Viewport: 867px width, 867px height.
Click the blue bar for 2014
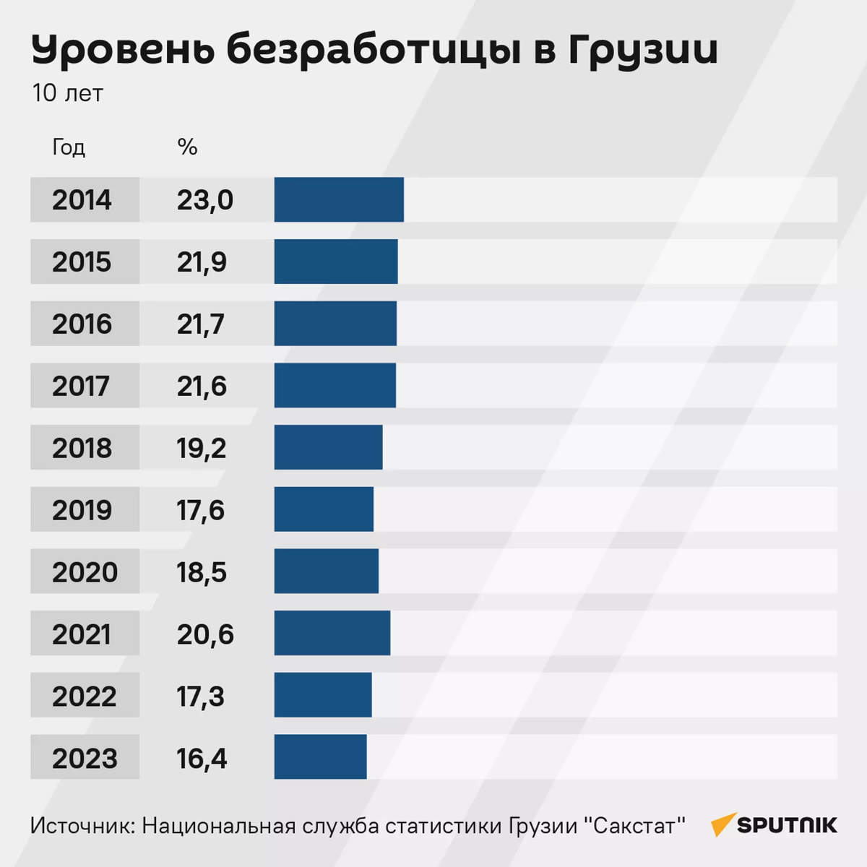tap(339, 199)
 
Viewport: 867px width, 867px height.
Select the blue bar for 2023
tap(320, 757)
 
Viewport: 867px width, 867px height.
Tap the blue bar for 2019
tap(324, 509)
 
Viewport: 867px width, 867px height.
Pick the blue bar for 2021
tap(332, 633)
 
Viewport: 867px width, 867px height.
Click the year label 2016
tap(82, 324)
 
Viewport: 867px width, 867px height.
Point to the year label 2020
tap(85, 571)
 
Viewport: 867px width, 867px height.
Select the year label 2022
tap(84, 696)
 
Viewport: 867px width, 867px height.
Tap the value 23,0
tap(205, 200)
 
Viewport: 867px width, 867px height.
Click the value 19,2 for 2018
tap(202, 448)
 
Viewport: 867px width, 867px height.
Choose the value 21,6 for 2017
tap(202, 386)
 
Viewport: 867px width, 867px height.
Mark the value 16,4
tap(202, 758)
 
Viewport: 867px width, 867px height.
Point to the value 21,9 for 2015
tap(202, 262)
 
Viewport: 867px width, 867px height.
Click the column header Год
tap(69, 147)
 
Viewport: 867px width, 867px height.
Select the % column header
tap(187, 147)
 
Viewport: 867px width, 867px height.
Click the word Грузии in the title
tap(642, 51)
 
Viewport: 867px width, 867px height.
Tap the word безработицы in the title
tap(374, 51)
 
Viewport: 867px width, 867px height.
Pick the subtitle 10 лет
tap(67, 93)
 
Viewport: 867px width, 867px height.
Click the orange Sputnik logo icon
tap(723, 824)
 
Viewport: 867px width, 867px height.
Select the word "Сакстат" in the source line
tap(634, 825)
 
